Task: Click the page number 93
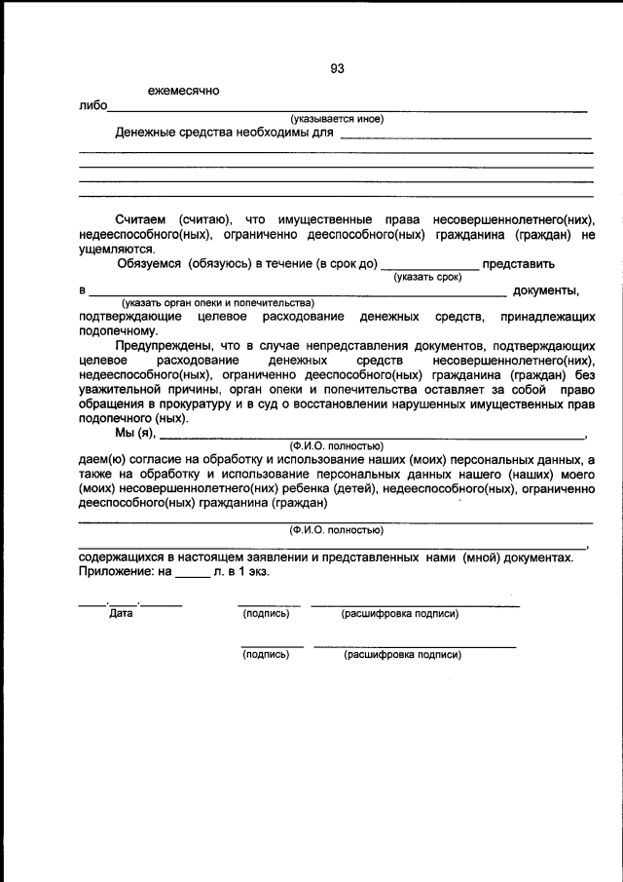pos(337,68)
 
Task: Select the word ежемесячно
pos(183,92)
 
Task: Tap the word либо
pos(93,106)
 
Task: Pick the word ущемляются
pos(114,249)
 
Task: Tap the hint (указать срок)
pos(427,278)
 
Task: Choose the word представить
pos(519,263)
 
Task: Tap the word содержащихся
pos(122,556)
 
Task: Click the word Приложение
pos(113,571)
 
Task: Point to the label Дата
pos(122,613)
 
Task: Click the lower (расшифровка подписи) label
pos(402,654)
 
